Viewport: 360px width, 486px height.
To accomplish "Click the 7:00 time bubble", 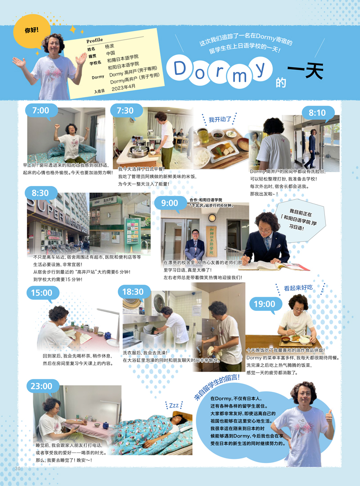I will (40, 110).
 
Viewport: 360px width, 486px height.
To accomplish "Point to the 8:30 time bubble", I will (40, 193).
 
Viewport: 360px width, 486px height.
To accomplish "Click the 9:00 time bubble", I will (169, 203).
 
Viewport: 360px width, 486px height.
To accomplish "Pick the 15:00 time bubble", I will (41, 293).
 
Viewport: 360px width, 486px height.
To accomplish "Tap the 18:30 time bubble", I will (133, 292).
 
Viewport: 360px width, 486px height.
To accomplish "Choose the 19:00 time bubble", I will (264, 304).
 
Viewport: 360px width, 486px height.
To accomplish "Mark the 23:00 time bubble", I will (41, 386).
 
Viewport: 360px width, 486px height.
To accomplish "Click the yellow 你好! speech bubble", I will (32, 30).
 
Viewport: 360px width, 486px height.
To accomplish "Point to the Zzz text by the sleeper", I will (174, 405).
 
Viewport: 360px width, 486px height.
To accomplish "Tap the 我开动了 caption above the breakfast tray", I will (220, 119).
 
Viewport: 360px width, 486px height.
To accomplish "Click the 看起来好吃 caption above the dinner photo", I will (298, 287).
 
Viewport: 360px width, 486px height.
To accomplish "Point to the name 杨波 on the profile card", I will (110, 47).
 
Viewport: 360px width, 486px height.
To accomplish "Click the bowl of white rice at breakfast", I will (202, 156).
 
